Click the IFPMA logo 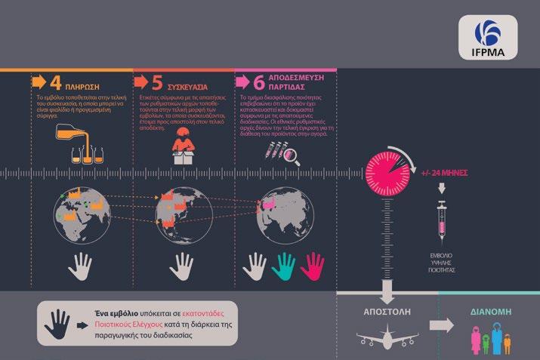(492, 38)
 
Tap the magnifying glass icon (292, 157)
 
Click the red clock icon (389, 173)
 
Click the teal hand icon (285, 266)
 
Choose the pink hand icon (313, 266)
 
